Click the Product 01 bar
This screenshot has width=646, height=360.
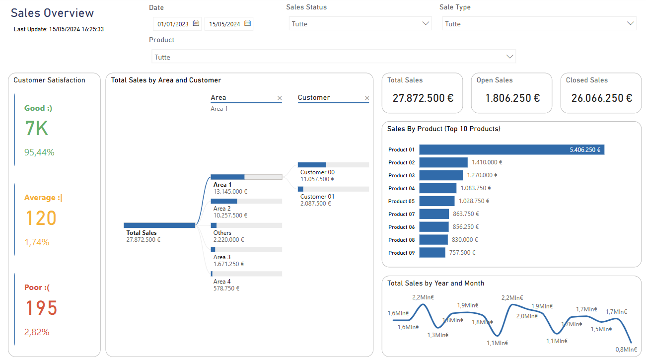(x=511, y=149)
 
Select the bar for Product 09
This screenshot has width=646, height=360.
(x=432, y=253)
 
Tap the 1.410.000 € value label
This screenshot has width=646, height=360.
(x=486, y=162)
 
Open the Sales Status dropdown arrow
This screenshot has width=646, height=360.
(x=426, y=23)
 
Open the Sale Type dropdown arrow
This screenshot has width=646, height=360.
(x=631, y=23)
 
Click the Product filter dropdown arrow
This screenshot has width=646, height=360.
(x=509, y=57)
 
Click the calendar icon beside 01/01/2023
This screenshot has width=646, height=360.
(x=196, y=23)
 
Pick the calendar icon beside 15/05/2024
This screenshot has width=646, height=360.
(x=247, y=23)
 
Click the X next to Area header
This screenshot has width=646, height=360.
(x=280, y=98)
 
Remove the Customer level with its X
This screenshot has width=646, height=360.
(x=367, y=98)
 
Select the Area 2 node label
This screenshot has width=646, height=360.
(x=222, y=209)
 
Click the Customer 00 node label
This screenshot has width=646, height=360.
(x=317, y=172)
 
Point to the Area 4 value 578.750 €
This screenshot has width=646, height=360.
(x=226, y=288)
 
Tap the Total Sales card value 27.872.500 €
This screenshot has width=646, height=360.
(x=423, y=98)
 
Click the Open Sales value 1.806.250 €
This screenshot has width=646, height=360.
(x=512, y=98)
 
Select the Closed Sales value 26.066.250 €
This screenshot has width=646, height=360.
(x=601, y=98)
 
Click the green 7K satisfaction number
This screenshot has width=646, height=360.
(x=36, y=129)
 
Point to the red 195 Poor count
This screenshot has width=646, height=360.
(x=41, y=308)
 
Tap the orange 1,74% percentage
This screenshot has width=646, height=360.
(x=37, y=242)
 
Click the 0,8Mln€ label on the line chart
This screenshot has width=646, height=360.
(x=626, y=350)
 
